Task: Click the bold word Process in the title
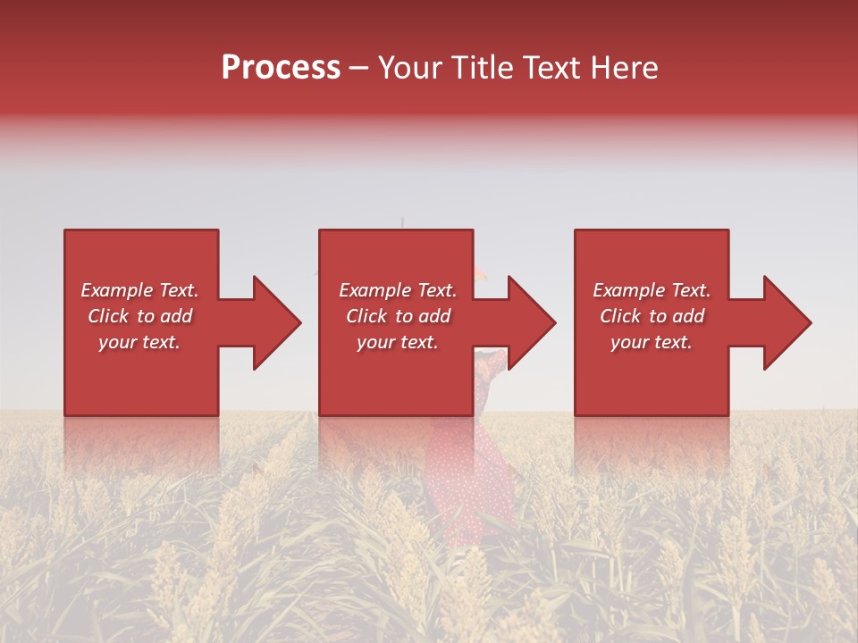(x=281, y=68)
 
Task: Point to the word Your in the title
(x=410, y=68)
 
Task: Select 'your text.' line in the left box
(x=139, y=342)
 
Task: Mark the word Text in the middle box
(x=436, y=290)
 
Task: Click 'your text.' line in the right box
(x=652, y=342)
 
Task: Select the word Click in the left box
(x=109, y=316)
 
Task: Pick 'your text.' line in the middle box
(x=398, y=342)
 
